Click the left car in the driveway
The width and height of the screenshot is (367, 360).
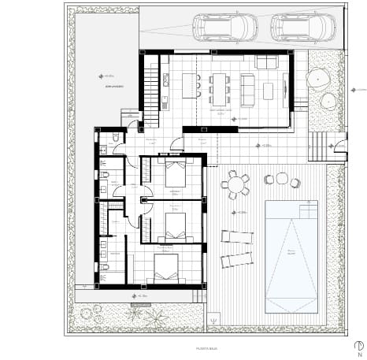(x=224, y=28)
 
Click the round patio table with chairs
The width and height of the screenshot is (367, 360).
(x=235, y=186)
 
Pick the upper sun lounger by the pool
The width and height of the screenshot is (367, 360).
(x=237, y=236)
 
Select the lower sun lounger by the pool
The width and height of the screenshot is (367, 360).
(x=236, y=259)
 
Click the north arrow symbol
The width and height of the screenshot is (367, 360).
(x=358, y=347)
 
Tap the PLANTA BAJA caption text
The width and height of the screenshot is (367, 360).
(x=207, y=347)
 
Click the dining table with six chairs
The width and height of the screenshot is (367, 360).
(x=219, y=88)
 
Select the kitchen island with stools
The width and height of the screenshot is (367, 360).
(x=191, y=85)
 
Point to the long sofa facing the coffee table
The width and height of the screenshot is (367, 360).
(x=247, y=90)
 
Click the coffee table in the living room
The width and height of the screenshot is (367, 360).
(x=268, y=91)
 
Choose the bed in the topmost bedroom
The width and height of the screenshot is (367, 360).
(x=175, y=173)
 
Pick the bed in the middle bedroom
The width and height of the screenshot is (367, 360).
(x=175, y=225)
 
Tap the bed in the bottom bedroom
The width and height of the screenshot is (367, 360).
(x=166, y=268)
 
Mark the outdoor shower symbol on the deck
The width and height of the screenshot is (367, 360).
(x=213, y=320)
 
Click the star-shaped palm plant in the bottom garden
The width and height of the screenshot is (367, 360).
(x=155, y=318)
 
